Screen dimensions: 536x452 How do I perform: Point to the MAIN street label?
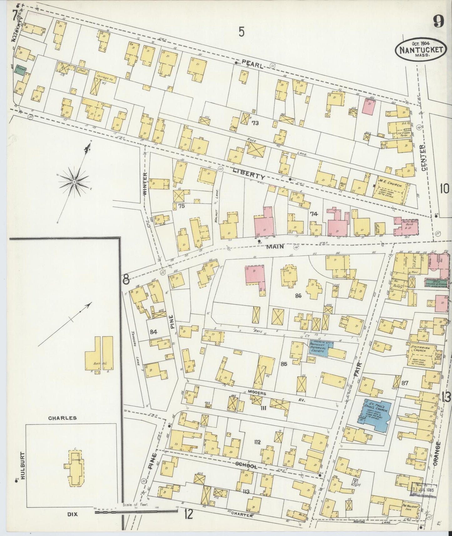(275, 247)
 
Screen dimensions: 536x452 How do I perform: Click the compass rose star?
(74, 182)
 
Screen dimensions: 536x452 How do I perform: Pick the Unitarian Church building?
(421, 355)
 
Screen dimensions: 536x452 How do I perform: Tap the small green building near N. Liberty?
(21, 70)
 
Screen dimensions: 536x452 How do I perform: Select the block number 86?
(297, 296)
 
